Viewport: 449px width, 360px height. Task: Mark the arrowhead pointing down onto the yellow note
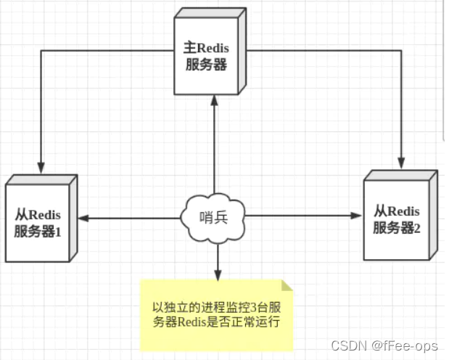(216, 275)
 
